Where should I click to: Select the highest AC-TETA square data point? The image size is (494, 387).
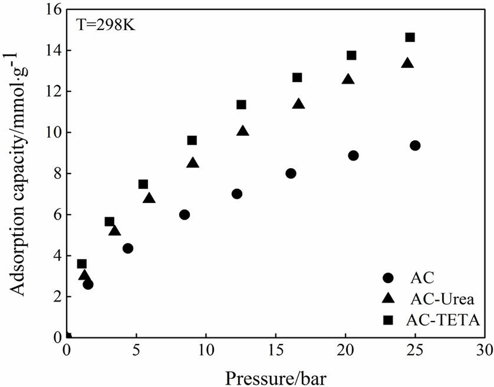(410, 37)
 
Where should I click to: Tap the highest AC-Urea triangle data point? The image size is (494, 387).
(407, 63)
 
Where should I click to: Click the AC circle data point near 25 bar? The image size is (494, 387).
(415, 145)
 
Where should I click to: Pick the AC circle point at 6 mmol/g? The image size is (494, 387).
(184, 215)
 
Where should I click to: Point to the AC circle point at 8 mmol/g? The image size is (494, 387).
(290, 173)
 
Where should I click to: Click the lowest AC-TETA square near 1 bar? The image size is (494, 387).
(82, 264)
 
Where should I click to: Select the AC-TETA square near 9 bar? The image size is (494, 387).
(192, 140)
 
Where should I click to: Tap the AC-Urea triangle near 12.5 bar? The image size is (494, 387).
(243, 131)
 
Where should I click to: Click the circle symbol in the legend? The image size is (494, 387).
(388, 278)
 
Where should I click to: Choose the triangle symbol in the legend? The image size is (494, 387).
(388, 299)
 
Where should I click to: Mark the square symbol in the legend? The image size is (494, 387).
(388, 320)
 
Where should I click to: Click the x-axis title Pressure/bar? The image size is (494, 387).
(276, 377)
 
